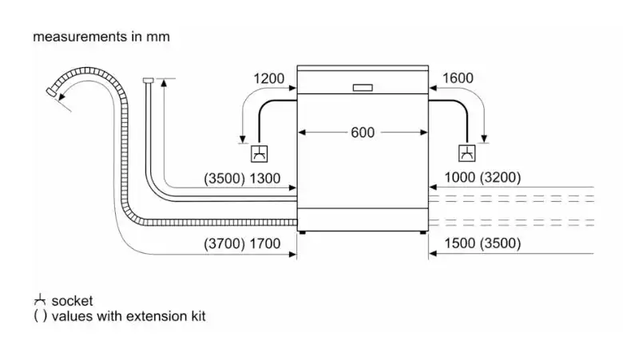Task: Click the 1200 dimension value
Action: tap(268, 78)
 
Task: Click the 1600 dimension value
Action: tap(457, 78)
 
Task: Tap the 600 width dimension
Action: tap(362, 133)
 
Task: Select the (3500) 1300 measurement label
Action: tap(243, 179)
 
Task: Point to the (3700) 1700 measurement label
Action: tap(243, 243)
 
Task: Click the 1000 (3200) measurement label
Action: tap(482, 179)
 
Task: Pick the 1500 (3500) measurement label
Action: tap(482, 243)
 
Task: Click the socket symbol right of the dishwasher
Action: tap(466, 153)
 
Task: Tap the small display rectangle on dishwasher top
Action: tap(362, 87)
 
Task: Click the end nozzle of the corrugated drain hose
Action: tap(53, 93)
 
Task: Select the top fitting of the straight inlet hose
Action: tap(147, 80)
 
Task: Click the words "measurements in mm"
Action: tap(101, 37)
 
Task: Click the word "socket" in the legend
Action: tap(72, 301)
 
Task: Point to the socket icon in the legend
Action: tap(39, 301)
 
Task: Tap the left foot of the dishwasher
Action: tap(303, 232)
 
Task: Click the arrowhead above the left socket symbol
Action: tap(243, 137)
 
